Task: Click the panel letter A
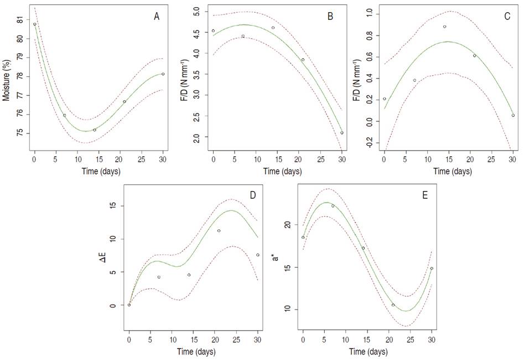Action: click(157, 17)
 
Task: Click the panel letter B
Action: click(330, 17)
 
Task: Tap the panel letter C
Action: click(507, 17)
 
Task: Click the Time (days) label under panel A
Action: click(98, 171)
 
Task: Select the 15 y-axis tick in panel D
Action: click(113, 206)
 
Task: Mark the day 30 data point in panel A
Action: click(163, 74)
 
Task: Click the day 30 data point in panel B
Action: click(342, 133)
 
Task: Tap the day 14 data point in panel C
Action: click(444, 27)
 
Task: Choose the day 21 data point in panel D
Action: click(219, 231)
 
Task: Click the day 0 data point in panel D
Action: click(129, 305)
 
